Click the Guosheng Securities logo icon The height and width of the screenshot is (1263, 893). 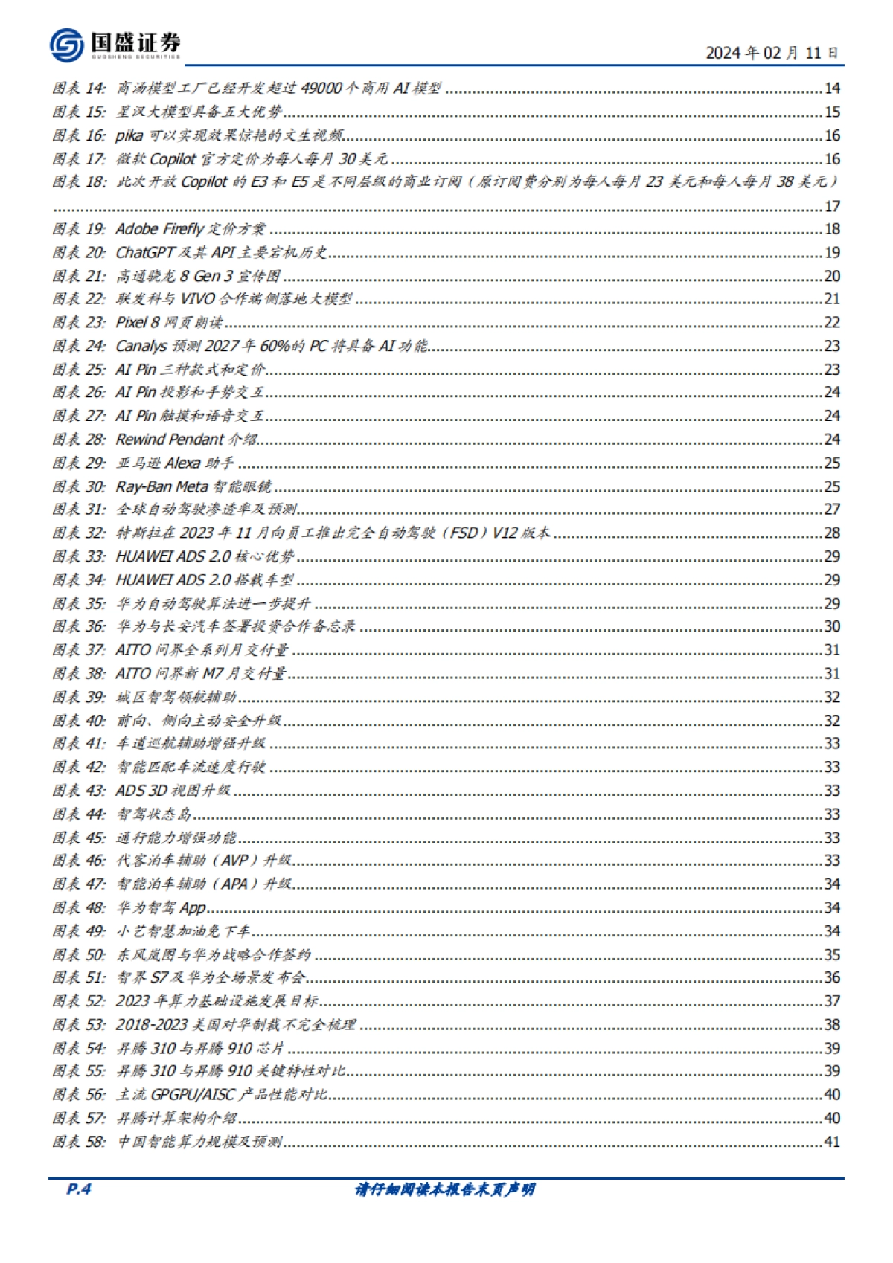66,45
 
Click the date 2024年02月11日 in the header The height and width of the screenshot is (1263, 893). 772,53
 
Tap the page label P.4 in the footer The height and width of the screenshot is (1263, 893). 78,1189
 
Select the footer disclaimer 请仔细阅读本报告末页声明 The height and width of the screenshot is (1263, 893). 445,1189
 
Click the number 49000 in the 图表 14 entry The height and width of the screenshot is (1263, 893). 322,89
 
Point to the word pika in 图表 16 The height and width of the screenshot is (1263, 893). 129,135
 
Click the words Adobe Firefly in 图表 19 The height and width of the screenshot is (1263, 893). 159,229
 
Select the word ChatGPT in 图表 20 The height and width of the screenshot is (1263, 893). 144,253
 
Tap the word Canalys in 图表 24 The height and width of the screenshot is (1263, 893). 141,347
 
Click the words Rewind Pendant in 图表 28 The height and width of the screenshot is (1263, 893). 170,440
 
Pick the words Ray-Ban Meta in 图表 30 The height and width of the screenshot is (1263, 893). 161,487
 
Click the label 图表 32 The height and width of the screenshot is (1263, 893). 79,533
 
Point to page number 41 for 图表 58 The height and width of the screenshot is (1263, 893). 831,1142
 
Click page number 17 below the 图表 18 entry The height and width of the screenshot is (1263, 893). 831,206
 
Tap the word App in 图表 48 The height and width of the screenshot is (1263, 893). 193,908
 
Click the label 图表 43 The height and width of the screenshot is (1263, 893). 79,791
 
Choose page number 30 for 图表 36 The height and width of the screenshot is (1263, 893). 831,627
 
